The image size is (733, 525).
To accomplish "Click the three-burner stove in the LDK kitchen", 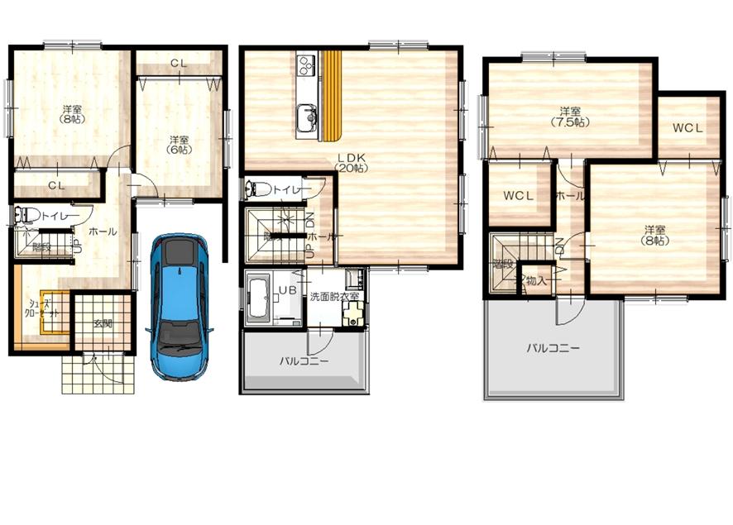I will tap(306, 64).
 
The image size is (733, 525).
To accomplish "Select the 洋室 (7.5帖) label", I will tap(568, 117).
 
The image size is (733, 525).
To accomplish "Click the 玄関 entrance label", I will tap(102, 322).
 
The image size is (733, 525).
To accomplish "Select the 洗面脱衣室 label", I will tap(334, 296).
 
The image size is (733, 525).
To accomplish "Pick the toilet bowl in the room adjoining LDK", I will tap(256, 189).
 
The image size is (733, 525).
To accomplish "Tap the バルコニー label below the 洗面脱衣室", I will tap(304, 361).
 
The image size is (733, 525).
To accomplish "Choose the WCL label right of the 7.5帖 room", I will tap(687, 128).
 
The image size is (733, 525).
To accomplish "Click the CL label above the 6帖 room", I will tap(179, 63).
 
